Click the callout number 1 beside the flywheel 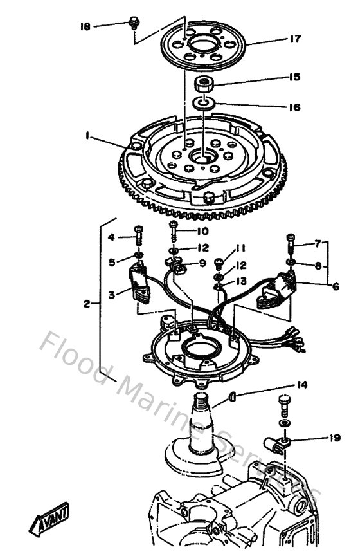[x=85, y=136]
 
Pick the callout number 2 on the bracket [x=87, y=302]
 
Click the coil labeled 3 [x=140, y=284]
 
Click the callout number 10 [x=203, y=231]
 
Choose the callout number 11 [x=241, y=248]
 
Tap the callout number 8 [x=319, y=264]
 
